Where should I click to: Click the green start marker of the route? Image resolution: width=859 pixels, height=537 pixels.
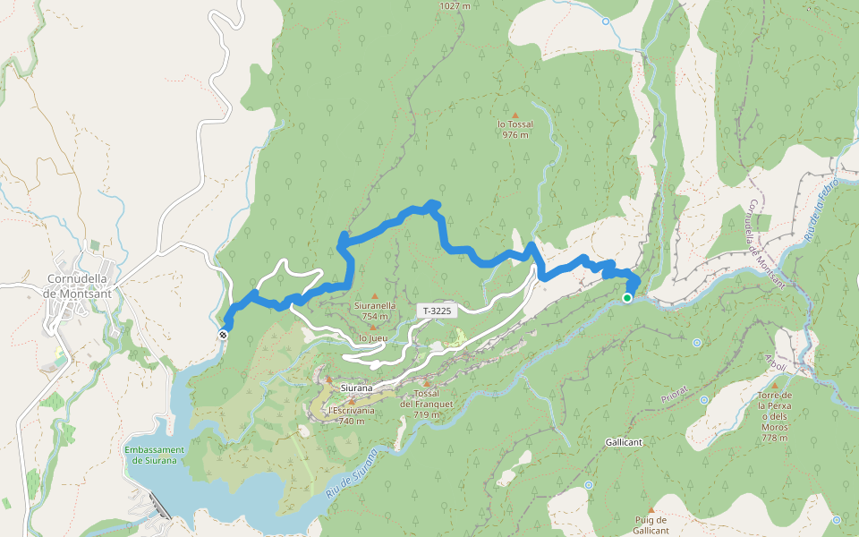click(627, 298)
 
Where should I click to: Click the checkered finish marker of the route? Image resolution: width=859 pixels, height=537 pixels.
click(222, 335)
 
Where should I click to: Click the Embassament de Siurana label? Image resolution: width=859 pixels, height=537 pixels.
click(155, 455)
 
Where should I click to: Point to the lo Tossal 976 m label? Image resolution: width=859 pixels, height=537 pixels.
click(515, 130)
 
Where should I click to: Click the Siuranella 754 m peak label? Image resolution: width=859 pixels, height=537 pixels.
click(375, 311)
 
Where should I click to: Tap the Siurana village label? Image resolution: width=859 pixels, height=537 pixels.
click(356, 388)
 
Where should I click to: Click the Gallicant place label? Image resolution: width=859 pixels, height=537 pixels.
click(625, 442)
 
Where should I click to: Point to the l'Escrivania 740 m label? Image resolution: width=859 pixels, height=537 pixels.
click(351, 415)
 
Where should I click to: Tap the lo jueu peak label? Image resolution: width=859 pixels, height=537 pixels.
click(372, 338)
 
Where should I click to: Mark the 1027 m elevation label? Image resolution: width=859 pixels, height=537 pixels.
click(455, 5)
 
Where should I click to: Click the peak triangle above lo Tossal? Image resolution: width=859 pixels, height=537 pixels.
click(515, 115)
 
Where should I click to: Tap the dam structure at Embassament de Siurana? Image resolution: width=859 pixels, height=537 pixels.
click(159, 506)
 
